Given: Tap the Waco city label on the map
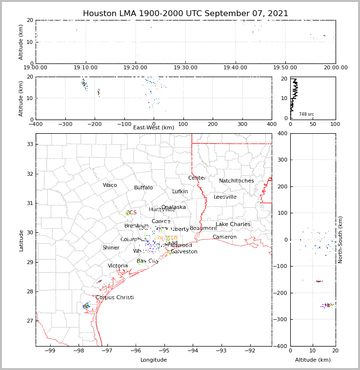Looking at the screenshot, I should pos(110,185).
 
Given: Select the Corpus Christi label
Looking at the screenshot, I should pos(114,298).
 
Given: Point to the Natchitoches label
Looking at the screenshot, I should pos(236,181).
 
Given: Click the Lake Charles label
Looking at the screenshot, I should pos(233,225).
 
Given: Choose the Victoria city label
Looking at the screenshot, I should pos(118,266).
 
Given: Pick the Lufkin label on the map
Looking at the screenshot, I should pos(180,192).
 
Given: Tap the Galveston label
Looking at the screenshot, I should pos(184,252).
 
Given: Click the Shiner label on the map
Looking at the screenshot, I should pos(111,248).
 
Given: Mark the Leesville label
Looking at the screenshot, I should pos(225,197).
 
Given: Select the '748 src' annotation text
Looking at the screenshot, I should pos(306,114).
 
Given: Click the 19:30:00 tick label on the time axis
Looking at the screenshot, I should pos(185,68).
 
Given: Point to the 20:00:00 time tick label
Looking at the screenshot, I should pos(335,68).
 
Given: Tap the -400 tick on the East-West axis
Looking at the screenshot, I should pos(36,124).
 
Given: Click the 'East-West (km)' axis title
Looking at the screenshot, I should pos(154,128).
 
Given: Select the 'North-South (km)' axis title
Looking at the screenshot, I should pos(340,240).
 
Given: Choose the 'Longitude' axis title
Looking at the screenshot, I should pos(154,360).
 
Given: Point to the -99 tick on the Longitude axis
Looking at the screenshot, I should pos(50,350).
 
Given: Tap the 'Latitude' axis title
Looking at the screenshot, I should pos(21,240).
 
